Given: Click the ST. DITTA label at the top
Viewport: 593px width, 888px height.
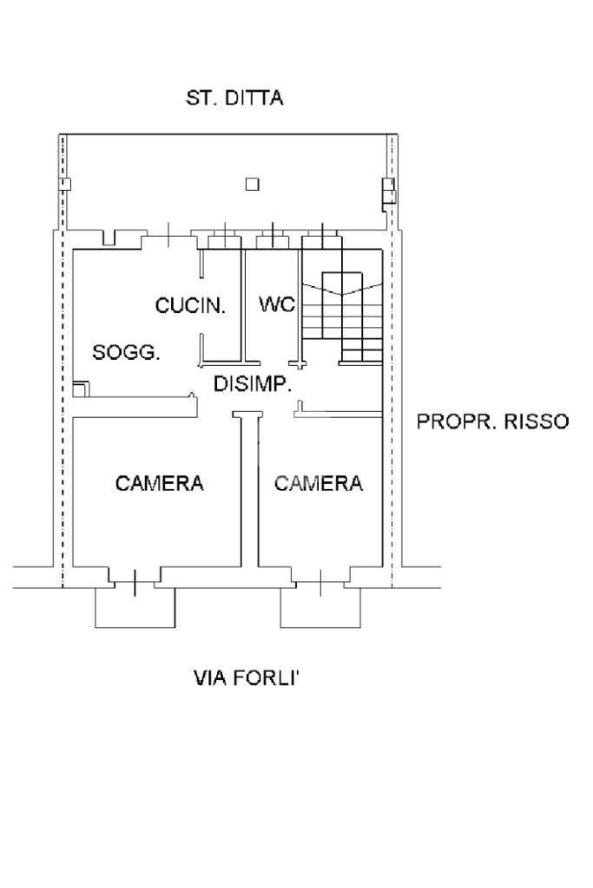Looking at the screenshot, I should coord(234,98).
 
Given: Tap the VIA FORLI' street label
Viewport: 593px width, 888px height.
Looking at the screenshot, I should coord(246,677).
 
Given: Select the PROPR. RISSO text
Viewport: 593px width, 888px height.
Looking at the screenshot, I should coord(492,421).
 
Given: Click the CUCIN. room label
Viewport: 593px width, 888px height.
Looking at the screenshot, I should coord(190,305).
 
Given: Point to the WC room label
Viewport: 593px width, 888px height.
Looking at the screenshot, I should coord(277,304).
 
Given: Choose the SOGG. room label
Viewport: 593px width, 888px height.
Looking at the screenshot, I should coord(127,353).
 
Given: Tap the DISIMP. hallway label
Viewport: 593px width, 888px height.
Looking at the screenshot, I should coord(252,384).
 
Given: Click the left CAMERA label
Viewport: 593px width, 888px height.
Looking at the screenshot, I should coord(160,483).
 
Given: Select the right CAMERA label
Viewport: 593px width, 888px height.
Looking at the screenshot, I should coord(319,483).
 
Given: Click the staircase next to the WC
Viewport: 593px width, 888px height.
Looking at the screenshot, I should coord(343,316).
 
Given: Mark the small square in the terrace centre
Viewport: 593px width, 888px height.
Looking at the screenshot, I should coord(252,183).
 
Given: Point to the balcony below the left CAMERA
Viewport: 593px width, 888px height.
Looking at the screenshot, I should coord(135,607).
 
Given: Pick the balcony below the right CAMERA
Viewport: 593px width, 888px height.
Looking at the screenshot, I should coord(320,607).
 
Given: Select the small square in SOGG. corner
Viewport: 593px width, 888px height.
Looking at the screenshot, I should coord(80,389).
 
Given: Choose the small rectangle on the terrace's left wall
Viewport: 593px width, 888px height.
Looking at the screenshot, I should coord(64,184).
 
